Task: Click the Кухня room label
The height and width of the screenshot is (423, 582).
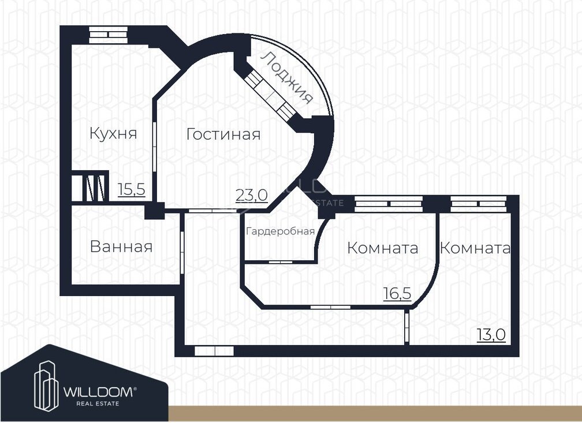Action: pos(113,133)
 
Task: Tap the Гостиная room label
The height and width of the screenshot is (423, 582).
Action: pos(223,134)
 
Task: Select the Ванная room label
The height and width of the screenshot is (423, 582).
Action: pos(121,246)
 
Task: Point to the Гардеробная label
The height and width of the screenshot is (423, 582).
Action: pos(280,231)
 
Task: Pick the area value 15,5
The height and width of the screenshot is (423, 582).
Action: pos(132,190)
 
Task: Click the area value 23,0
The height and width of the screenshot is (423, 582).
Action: pos(252,195)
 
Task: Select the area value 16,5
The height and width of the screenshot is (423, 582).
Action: pos(397,294)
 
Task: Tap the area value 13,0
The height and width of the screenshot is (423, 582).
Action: pos(491,335)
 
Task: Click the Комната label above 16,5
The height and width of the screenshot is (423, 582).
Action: pos(383,248)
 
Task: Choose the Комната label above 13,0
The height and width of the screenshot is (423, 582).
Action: pos(475,248)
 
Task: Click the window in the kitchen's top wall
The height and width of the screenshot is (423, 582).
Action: pos(109,35)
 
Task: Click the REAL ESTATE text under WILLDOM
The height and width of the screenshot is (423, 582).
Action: pos(98,403)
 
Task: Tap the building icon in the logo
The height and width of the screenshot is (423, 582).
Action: pos(46,386)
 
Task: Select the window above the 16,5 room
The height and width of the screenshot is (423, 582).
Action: pos(389,204)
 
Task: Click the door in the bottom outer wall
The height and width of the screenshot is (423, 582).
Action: pos(214,351)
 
